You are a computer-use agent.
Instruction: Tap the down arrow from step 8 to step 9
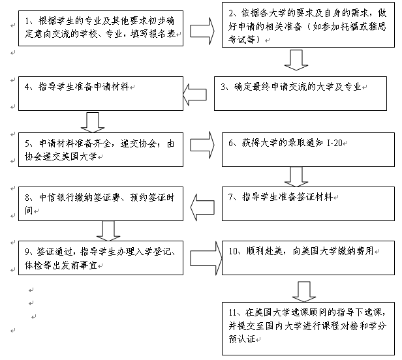107,229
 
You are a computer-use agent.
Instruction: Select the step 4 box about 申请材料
99,93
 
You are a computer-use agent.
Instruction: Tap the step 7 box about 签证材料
307,203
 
